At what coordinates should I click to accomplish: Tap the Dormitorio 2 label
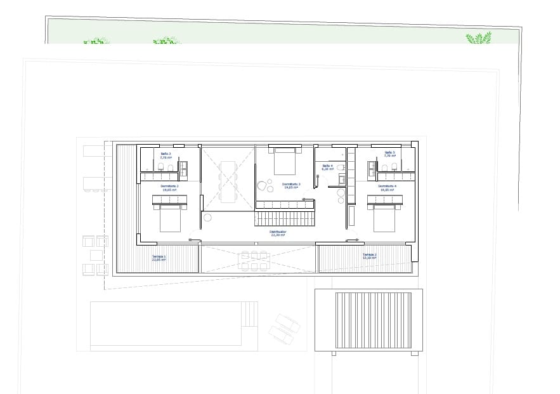pos(169,187)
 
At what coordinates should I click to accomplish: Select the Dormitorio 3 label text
pos(291,186)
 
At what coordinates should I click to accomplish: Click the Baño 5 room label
pos(389,154)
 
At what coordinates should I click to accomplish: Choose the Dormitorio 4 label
pos(387,187)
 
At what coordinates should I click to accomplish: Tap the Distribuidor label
pos(278,233)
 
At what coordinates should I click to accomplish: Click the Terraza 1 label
pos(158,258)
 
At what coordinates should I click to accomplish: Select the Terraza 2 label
pos(370,256)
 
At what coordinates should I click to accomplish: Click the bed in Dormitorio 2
pos(170,216)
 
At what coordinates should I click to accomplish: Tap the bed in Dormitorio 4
pos(385,216)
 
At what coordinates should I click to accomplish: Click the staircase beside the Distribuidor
pos(285,219)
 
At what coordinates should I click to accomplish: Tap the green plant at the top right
pos(478,39)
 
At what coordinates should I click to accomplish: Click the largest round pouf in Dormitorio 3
pos(263,187)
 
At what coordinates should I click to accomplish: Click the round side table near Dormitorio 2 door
pos(207,218)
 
